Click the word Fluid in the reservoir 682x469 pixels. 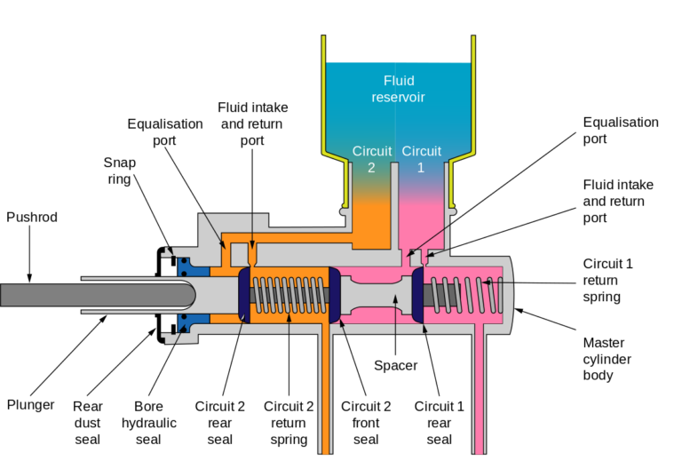click(399, 79)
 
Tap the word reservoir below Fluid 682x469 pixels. click(399, 96)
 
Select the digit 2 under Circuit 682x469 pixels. click(371, 167)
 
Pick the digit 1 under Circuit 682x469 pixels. click(421, 167)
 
